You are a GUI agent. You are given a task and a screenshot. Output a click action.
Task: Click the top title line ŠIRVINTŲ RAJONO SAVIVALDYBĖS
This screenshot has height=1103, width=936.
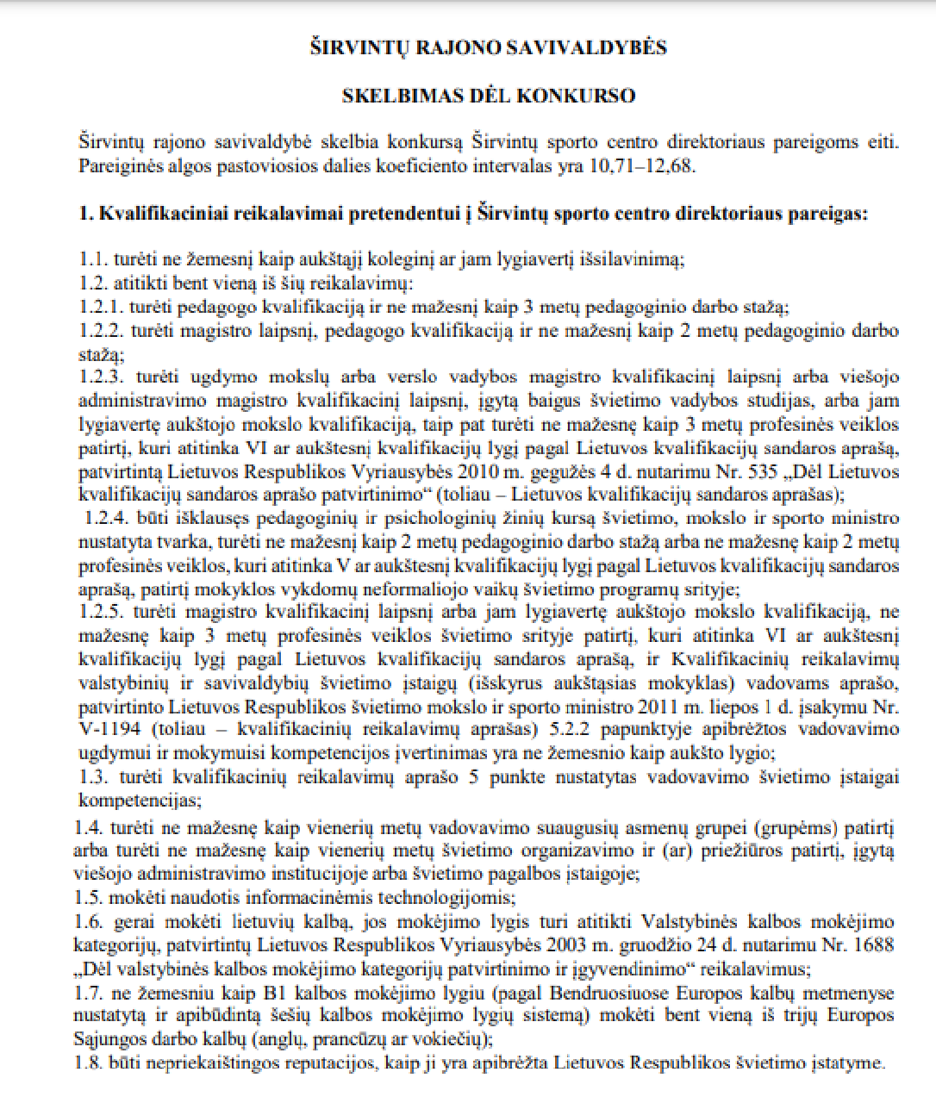point(489,48)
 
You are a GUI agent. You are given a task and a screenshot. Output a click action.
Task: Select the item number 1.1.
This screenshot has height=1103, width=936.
point(92,259)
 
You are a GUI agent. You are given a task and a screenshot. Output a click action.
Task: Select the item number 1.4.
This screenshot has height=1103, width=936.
point(90,829)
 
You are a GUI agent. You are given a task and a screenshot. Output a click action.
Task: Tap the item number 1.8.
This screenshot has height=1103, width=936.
point(90,1062)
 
